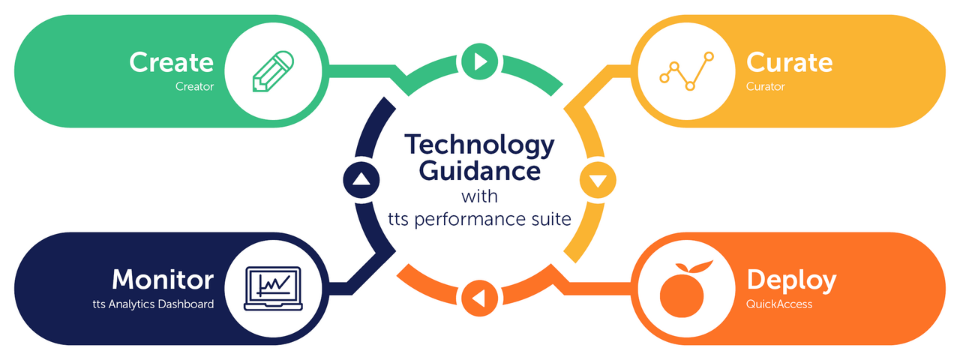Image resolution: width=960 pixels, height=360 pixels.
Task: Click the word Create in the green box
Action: (171, 62)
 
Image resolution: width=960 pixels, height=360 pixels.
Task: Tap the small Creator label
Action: (194, 86)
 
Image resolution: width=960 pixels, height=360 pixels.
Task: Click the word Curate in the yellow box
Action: (789, 62)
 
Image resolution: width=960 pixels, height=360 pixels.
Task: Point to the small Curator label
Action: (765, 86)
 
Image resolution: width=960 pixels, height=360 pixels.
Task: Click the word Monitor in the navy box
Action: (163, 280)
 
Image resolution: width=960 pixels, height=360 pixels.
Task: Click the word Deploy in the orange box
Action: (791, 280)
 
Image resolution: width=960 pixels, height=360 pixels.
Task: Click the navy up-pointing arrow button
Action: (361, 179)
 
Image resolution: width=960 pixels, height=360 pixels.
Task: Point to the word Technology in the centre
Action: (480, 145)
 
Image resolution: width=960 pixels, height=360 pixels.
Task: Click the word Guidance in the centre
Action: (480, 170)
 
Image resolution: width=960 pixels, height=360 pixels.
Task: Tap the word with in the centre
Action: (480, 196)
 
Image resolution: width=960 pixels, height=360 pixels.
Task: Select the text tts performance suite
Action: (480, 220)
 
